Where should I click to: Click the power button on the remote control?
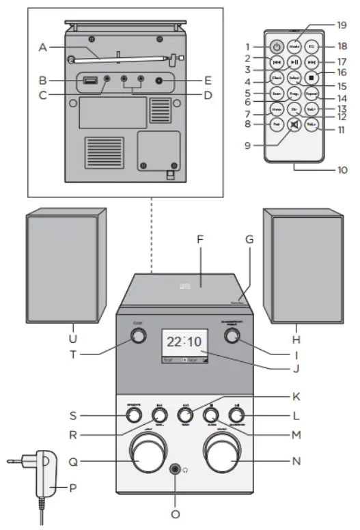(276, 47)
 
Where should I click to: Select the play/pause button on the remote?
(294, 62)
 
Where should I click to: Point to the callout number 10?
(340, 169)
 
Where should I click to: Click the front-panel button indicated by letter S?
(134, 414)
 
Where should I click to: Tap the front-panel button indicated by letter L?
(236, 413)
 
